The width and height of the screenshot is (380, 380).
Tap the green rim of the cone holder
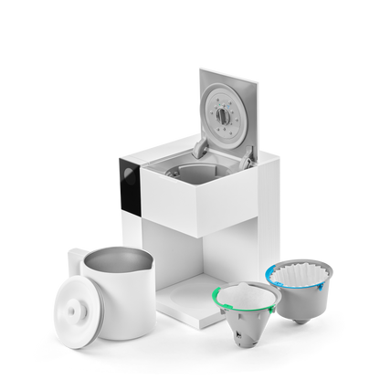coord(219,294)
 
